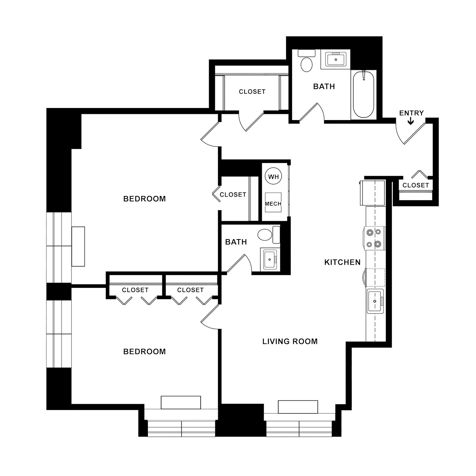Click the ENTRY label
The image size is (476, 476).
point(412,113)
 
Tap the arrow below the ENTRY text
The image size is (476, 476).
point(410,121)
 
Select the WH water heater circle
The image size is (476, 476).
point(274,176)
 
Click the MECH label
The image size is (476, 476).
point(273,204)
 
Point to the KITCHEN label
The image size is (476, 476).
point(342,262)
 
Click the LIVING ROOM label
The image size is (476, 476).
point(290,341)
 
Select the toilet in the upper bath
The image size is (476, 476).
point(306,61)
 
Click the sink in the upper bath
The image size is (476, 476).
point(335,59)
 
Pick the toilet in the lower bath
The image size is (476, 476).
point(269,234)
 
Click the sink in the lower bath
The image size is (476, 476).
point(270,260)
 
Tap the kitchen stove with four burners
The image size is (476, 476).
point(374,238)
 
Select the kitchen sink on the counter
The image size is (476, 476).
point(375,301)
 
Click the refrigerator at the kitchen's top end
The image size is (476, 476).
point(372,193)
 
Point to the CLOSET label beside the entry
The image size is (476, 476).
point(416,185)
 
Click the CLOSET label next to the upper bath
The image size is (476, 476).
point(252,92)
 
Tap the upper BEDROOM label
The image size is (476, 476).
point(145,199)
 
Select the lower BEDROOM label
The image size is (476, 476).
point(145,352)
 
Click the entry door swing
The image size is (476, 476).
point(410,133)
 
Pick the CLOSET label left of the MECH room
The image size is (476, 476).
point(233,195)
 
